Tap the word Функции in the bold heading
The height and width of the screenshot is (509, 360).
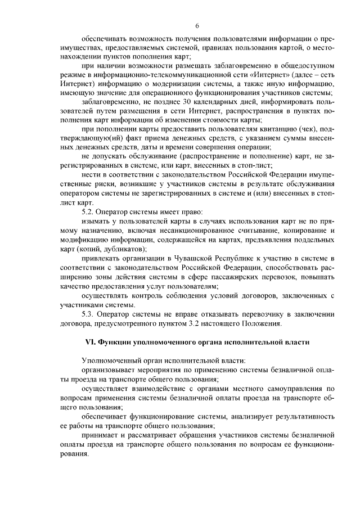coord(114,342)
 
